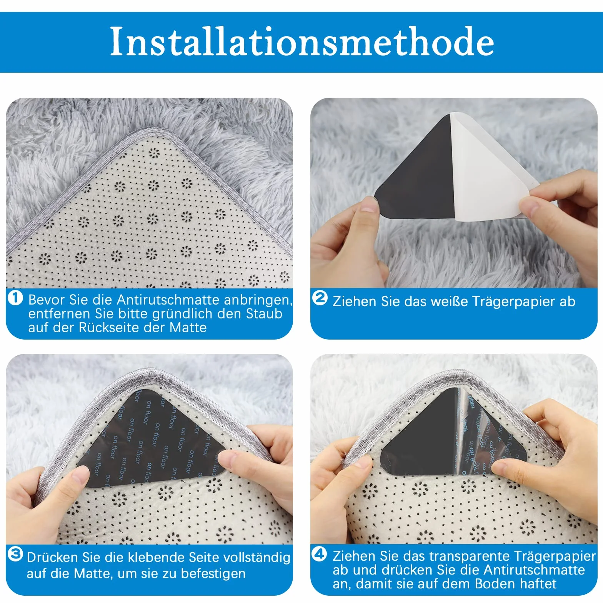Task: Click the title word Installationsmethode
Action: click(302, 42)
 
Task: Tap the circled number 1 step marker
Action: click(15, 298)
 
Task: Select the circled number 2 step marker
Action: click(320, 298)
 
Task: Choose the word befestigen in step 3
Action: click(213, 574)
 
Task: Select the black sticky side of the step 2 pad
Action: click(417, 173)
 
